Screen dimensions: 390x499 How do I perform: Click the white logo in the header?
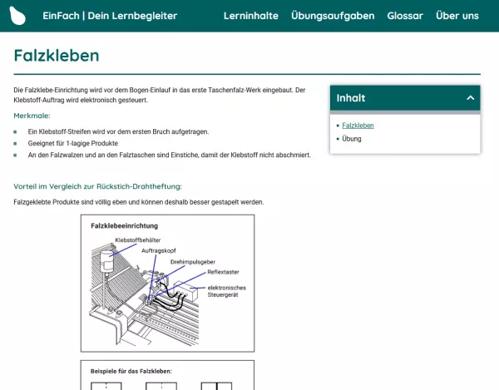17,15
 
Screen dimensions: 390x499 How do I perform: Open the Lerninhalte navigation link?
250,16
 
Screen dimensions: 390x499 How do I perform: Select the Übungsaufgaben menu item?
333,16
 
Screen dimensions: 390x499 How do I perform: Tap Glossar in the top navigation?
405,16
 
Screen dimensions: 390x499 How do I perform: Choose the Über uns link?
457,16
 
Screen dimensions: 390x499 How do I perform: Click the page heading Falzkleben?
57,56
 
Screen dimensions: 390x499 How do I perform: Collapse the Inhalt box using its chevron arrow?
470,98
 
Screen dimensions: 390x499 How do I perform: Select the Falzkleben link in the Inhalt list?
358,126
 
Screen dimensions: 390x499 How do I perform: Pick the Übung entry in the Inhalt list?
352,139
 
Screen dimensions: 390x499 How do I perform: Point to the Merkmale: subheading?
32,116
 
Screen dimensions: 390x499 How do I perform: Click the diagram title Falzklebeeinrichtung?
125,225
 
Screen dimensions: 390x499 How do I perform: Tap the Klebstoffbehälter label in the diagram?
137,240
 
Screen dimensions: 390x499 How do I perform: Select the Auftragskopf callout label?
158,250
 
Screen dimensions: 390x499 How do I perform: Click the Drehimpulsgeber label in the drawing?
193,262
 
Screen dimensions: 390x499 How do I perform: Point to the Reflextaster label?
223,272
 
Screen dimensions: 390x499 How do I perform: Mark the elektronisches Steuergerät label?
226,291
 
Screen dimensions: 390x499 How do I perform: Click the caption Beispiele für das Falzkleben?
131,371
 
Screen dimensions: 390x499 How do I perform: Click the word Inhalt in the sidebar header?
351,98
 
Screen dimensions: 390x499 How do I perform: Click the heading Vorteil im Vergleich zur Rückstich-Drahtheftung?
97,186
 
